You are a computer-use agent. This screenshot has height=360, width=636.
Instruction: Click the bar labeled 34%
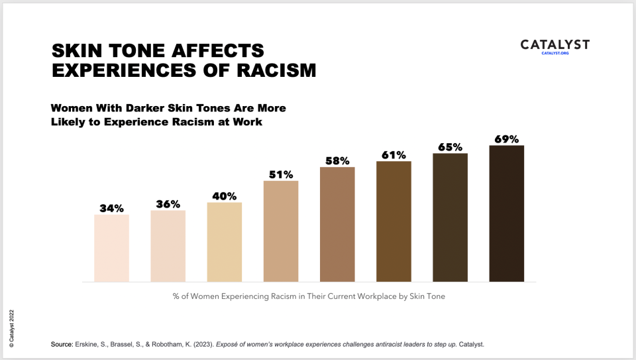[x=111, y=248]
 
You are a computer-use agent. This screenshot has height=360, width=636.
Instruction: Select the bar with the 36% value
[x=168, y=246]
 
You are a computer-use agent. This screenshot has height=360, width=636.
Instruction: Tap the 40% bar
[x=225, y=242]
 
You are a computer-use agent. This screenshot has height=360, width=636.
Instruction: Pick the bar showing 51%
[x=281, y=231]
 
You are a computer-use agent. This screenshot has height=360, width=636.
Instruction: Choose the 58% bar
[x=337, y=224]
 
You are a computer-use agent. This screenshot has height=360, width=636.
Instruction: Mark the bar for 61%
[x=394, y=221]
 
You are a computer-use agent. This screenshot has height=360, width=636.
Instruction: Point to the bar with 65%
[x=450, y=217]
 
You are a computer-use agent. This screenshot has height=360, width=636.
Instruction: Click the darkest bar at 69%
[x=507, y=213]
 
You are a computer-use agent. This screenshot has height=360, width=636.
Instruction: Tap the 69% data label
[x=507, y=139]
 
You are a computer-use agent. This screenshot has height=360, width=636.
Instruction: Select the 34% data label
[x=111, y=208]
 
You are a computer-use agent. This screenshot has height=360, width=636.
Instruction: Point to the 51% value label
[x=281, y=175]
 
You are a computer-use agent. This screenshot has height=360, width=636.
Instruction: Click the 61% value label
[x=394, y=155]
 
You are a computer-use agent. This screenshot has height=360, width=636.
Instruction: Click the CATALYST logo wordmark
[x=555, y=44]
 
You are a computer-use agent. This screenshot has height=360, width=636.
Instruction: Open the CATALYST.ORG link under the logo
[x=555, y=53]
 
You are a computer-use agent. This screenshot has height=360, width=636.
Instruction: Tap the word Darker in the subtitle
[x=156, y=107]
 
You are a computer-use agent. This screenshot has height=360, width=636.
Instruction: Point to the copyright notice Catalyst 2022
[x=11, y=328]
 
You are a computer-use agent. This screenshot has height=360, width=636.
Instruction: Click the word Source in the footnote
[x=61, y=345]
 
